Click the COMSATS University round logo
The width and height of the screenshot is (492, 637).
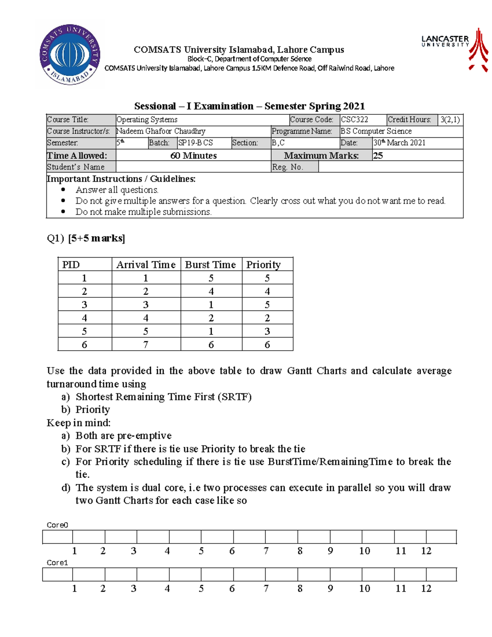(x=70, y=55)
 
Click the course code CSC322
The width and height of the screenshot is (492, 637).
(x=355, y=120)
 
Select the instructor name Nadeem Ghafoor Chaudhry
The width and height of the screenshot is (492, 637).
(x=161, y=131)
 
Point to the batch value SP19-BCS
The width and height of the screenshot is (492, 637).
(x=196, y=143)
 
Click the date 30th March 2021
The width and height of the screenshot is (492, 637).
(x=399, y=143)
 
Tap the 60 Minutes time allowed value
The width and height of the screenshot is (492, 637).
(x=194, y=155)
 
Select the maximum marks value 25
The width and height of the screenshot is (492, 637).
(x=378, y=155)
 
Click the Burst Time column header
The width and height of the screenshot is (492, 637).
(x=210, y=265)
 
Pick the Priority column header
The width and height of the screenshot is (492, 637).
(x=263, y=265)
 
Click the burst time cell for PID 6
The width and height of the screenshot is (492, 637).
(x=211, y=345)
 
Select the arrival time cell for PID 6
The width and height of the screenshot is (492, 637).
(x=146, y=345)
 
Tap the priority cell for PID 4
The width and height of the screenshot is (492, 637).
(x=267, y=318)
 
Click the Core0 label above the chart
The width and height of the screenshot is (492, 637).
(x=57, y=525)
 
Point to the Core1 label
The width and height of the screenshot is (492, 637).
(x=57, y=563)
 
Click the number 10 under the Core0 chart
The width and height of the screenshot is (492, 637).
(x=364, y=551)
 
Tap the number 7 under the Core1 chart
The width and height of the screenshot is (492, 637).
(x=266, y=589)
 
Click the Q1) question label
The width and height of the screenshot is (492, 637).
(x=55, y=238)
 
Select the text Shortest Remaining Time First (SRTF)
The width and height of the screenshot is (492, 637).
(x=164, y=397)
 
